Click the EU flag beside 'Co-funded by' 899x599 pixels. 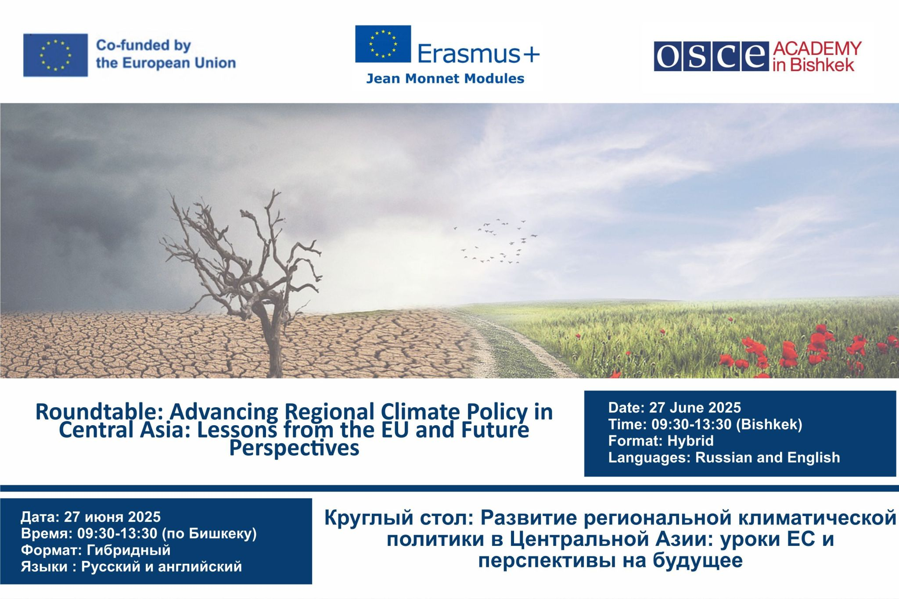55,55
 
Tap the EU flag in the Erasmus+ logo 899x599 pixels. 383,44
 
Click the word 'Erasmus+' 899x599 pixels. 478,54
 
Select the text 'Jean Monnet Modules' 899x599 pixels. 445,79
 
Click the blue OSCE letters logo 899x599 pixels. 711,56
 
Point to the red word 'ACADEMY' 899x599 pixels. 817,49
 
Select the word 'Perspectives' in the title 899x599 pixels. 294,448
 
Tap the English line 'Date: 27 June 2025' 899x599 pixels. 674,408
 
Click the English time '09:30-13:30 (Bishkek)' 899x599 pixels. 726,424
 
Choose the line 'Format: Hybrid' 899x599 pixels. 661,441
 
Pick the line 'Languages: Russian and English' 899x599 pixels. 724,457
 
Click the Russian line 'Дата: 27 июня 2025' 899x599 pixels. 90,517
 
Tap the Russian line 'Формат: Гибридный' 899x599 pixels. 95,550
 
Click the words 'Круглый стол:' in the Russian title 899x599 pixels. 398,518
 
